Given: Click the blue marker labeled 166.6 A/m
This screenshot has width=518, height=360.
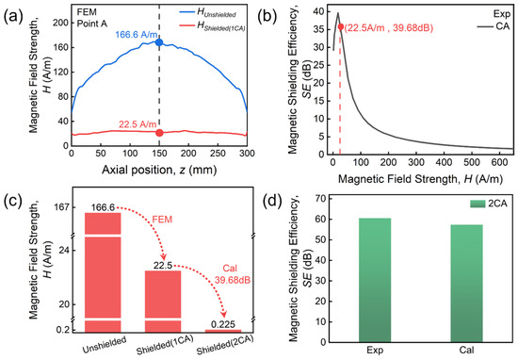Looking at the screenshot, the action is [159, 42].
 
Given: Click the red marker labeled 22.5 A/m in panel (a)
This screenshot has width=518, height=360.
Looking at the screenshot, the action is [159, 133].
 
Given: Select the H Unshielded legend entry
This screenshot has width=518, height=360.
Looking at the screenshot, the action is [208, 12].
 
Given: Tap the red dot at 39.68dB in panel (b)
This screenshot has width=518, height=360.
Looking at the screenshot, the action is [341, 26].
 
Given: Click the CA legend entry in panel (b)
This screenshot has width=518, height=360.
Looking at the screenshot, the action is [494, 25].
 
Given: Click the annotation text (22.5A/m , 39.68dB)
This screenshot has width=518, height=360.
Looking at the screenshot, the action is [389, 27].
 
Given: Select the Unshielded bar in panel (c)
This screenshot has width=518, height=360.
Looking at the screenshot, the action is [103, 272].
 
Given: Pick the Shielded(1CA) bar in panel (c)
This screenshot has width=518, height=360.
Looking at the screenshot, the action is [163, 302].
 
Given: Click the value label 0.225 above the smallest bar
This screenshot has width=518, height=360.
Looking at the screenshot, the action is [223, 324].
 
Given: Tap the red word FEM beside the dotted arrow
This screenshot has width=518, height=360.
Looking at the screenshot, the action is [162, 220].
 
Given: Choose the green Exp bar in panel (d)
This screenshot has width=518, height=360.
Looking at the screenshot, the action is [375, 280].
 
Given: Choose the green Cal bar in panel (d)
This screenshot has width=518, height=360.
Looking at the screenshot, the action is [466, 284].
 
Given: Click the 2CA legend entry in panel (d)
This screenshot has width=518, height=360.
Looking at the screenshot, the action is [489, 204].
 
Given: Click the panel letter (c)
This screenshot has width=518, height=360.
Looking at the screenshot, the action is [13, 202].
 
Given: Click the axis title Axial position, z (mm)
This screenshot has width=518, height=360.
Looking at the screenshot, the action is [159, 170].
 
